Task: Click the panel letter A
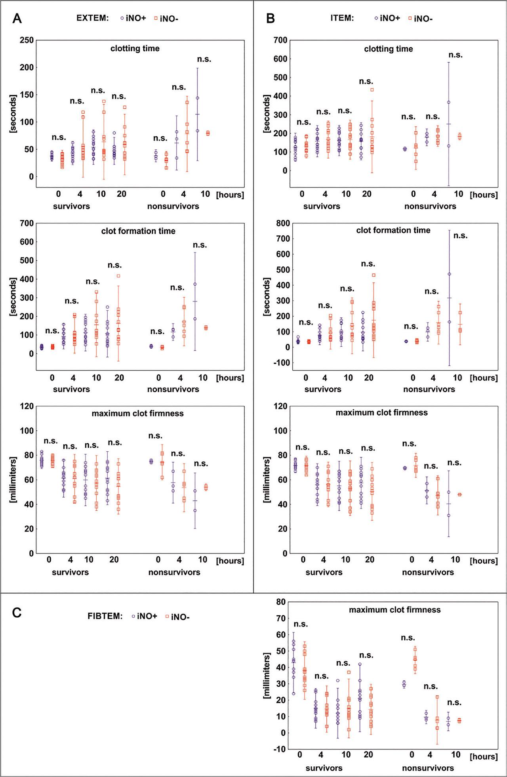pyautogui.click(x=17, y=18)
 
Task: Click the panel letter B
pyautogui.click(x=271, y=18)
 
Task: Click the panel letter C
pyautogui.click(x=17, y=613)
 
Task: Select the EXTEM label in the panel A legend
pyautogui.click(x=93, y=18)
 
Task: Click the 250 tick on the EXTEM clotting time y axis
pyautogui.click(x=27, y=40)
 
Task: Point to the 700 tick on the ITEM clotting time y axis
pyautogui.click(x=280, y=40)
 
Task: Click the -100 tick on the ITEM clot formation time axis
pyautogui.click(x=278, y=363)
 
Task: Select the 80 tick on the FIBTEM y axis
pyautogui.click(x=281, y=602)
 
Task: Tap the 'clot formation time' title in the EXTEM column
pyautogui.click(x=138, y=231)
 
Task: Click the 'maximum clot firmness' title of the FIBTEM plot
pyautogui.click(x=395, y=610)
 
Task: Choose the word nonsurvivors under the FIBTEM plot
pyautogui.click(x=428, y=768)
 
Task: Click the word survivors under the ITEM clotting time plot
pyautogui.click(x=322, y=206)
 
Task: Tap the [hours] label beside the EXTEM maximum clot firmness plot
pyautogui.click(x=230, y=561)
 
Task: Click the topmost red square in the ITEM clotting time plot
pyautogui.click(x=372, y=90)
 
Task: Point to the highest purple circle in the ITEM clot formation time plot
pyautogui.click(x=449, y=274)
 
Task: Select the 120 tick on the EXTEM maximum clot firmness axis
pyautogui.click(x=27, y=406)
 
